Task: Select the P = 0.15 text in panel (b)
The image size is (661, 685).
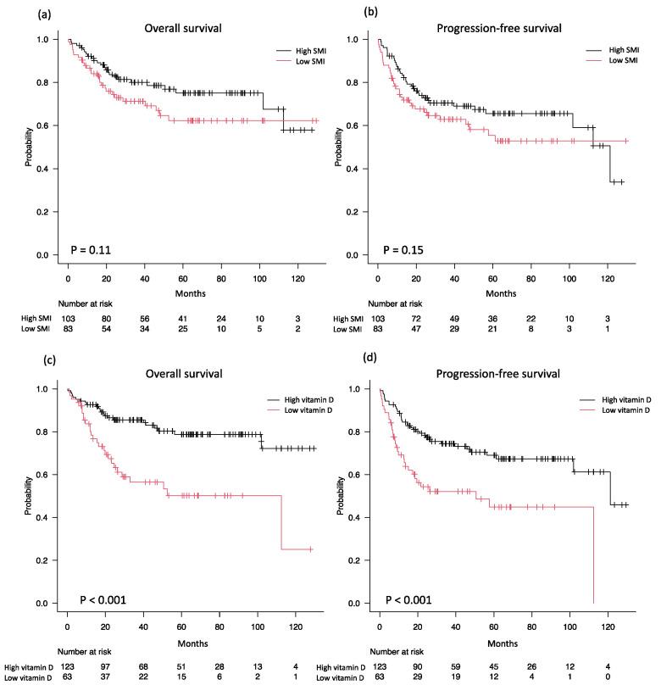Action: tap(403, 251)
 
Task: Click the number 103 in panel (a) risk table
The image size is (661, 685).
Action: tap(69, 316)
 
